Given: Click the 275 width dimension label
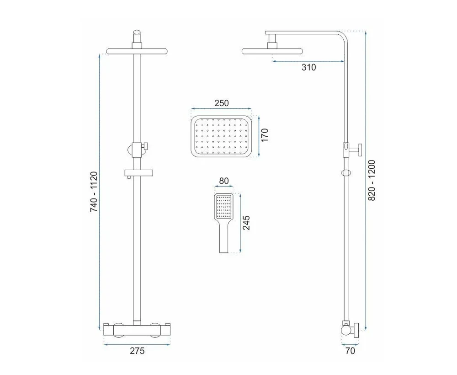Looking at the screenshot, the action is pyautogui.click(x=137, y=350).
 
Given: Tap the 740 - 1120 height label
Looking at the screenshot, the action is pyautogui.click(x=94, y=192).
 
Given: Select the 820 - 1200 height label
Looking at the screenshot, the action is pyautogui.click(x=372, y=180).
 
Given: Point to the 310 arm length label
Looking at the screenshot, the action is pyautogui.click(x=308, y=67).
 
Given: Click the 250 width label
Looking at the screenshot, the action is pyautogui.click(x=222, y=103).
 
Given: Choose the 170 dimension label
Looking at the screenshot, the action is pyautogui.click(x=265, y=135).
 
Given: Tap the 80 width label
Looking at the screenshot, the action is pyautogui.click(x=224, y=181).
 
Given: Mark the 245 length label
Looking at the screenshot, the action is pyautogui.click(x=247, y=223).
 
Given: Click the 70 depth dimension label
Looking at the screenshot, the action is pyautogui.click(x=350, y=350).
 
